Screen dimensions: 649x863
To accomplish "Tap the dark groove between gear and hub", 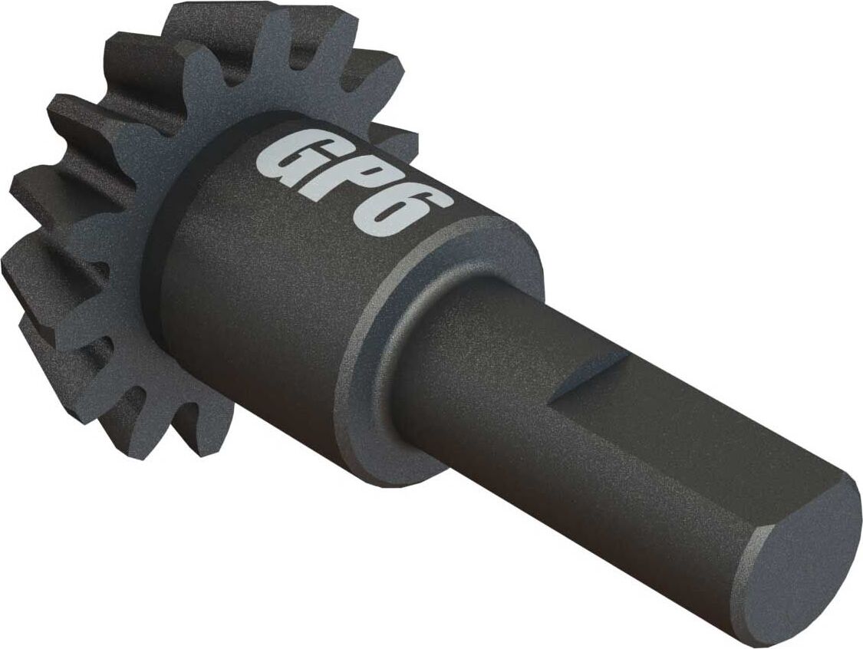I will click(x=153, y=261).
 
